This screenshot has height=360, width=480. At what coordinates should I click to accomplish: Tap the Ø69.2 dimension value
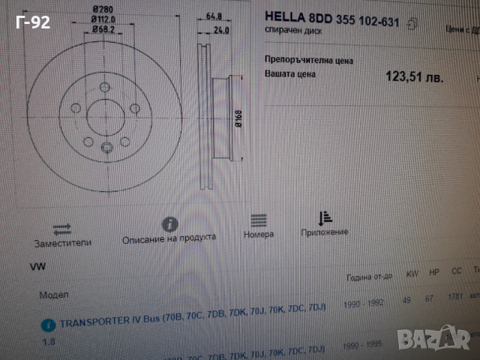[104, 29]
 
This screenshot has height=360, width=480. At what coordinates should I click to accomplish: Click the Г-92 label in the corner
[32, 23]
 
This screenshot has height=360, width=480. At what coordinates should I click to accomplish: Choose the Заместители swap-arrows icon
[61, 228]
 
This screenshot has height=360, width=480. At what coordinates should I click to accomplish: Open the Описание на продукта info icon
[170, 224]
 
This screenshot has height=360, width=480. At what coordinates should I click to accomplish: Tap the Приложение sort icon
[325, 218]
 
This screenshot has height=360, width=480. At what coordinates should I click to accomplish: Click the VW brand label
[37, 267]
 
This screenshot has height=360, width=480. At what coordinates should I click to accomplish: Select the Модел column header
[53, 295]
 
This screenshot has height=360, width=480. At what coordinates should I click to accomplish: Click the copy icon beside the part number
[412, 24]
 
